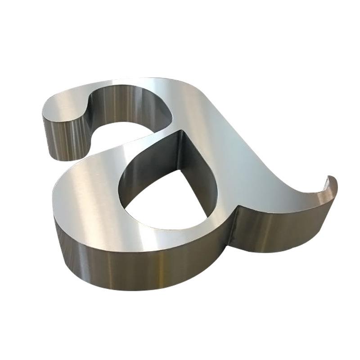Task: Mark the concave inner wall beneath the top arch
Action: (x=129, y=106)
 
